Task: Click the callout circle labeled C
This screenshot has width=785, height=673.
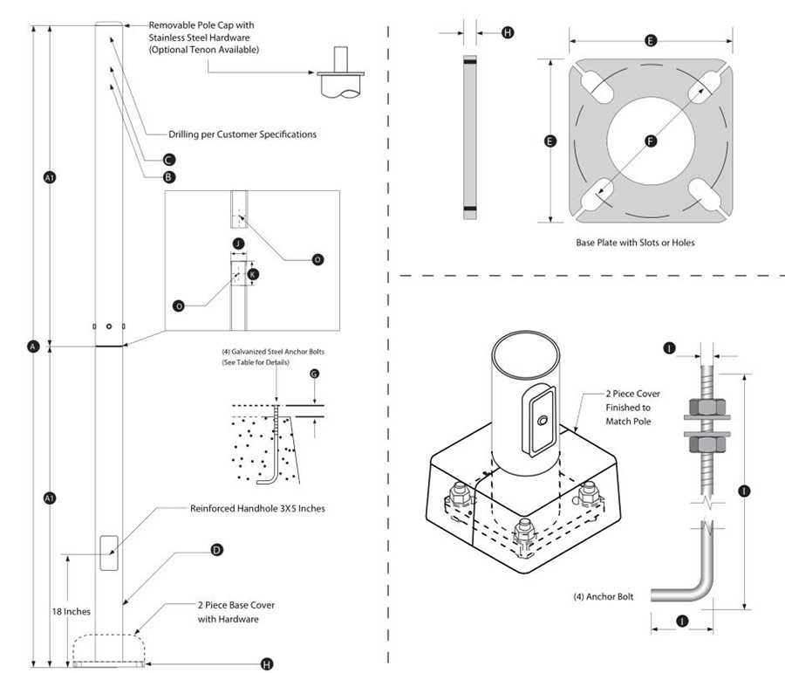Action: pyautogui.click(x=169, y=160)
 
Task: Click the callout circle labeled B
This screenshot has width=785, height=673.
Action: pyautogui.click(x=169, y=176)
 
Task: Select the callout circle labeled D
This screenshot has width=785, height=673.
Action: pyautogui.click(x=216, y=550)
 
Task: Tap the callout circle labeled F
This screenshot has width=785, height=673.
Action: pyautogui.click(x=651, y=141)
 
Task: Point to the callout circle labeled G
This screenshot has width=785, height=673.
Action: pyautogui.click(x=315, y=374)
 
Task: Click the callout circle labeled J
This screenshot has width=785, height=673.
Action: pyautogui.click(x=237, y=244)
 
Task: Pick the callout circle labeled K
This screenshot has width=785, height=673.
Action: pyautogui.click(x=253, y=273)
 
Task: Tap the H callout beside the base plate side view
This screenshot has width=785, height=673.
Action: pyautogui.click(x=508, y=32)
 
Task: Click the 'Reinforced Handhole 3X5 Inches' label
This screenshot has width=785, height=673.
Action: pyautogui.click(x=258, y=508)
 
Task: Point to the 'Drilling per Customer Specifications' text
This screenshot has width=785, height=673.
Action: pyautogui.click(x=242, y=134)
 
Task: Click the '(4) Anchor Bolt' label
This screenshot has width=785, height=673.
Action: pyautogui.click(x=603, y=597)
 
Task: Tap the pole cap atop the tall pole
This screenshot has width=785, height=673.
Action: pyautogui.click(x=110, y=24)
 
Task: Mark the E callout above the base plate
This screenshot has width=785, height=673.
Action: pyautogui.click(x=651, y=40)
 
